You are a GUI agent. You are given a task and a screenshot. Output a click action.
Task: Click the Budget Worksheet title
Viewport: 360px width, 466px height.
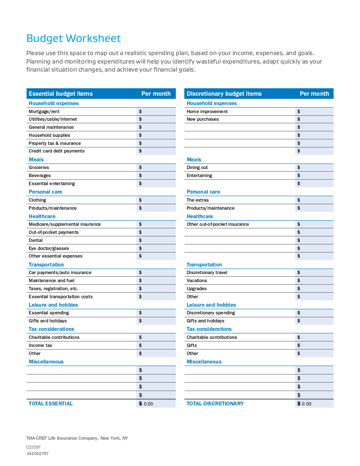tap(73, 39)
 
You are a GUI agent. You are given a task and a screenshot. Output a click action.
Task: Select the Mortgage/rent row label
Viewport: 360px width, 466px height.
tap(44, 111)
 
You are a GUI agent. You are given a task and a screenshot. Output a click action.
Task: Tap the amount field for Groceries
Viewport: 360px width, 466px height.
tap(156, 167)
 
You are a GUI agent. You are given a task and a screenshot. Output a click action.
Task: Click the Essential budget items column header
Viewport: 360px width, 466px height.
tap(61, 94)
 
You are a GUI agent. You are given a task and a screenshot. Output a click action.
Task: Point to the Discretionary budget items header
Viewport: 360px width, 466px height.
tap(224, 94)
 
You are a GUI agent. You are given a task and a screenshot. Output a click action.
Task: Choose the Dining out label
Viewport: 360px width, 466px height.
tap(197, 167)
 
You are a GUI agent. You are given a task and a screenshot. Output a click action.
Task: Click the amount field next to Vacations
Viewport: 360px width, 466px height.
tap(314, 280)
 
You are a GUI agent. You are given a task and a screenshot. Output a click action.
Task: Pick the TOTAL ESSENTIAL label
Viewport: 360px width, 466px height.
tap(50, 404)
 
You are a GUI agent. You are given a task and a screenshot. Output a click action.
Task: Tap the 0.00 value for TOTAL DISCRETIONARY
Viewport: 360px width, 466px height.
tap(306, 404)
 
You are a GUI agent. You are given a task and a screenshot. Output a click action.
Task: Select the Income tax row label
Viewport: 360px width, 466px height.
tap(40, 345)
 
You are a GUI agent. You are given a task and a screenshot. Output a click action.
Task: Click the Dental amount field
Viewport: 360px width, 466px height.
tap(156, 240)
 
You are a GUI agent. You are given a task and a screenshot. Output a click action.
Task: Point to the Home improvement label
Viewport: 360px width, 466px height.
tap(207, 111)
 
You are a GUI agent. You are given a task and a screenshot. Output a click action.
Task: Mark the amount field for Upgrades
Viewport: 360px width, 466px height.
tap(314, 288)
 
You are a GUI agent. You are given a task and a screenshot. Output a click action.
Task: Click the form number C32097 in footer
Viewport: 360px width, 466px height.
tap(33, 447)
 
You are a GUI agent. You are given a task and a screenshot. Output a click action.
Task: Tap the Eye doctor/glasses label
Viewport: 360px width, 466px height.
tap(49, 248)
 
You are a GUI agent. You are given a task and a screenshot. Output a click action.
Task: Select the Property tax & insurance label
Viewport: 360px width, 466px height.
tap(55, 143)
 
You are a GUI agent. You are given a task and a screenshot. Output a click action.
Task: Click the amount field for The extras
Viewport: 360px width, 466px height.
tap(314, 200)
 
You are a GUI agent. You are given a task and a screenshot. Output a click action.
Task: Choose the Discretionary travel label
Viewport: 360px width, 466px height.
tap(207, 272)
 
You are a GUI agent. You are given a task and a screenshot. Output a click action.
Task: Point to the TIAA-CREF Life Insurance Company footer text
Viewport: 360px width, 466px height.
tap(77, 438)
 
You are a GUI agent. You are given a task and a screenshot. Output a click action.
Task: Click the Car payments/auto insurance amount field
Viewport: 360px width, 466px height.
tap(156, 272)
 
